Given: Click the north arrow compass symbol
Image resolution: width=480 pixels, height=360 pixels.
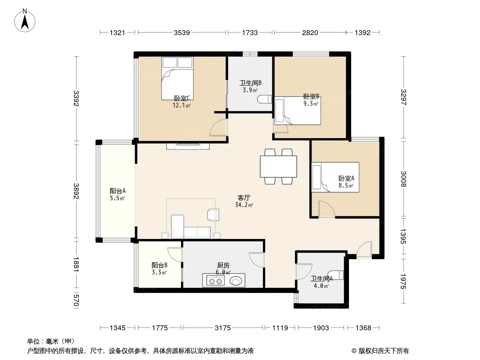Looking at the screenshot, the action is tap(25, 21).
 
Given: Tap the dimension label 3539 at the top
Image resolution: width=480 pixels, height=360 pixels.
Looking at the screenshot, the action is tap(182, 32).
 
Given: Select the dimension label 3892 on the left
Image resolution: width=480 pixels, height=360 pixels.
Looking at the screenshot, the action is tap(76, 191).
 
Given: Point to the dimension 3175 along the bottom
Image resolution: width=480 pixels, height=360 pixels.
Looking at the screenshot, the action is tap(222, 328).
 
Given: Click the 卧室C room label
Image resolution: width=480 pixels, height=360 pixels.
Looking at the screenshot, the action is tap(182, 98).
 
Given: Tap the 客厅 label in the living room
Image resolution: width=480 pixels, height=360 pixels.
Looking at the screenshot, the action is tap(244, 198).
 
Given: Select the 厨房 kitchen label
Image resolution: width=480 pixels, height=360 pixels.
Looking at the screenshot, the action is tap(223, 265).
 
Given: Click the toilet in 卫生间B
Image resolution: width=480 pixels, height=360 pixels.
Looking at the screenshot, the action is tap(264, 99).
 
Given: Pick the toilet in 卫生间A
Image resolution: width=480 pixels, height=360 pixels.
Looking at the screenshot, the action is tap(336, 275).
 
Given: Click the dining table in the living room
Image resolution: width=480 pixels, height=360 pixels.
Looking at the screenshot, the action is tap(278, 166).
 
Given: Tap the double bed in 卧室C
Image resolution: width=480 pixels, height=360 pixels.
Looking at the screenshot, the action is tap(177, 78).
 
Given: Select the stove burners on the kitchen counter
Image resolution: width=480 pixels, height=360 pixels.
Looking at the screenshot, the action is tap(215, 280).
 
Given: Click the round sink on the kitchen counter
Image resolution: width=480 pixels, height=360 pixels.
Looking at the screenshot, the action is tap(235, 280).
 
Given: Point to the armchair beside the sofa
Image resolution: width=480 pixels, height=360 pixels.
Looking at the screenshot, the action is tap(213, 214).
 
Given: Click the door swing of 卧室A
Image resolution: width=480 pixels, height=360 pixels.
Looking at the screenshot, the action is tap(326, 209).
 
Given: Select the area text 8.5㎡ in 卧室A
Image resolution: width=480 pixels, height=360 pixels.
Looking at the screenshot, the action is tap(346, 185).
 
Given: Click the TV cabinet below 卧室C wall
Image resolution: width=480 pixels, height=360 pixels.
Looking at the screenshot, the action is tap(188, 146).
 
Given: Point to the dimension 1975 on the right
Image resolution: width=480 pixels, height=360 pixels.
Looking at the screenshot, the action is tap(403, 281).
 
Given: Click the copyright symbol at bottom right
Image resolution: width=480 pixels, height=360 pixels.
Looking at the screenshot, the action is tap(354, 351).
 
